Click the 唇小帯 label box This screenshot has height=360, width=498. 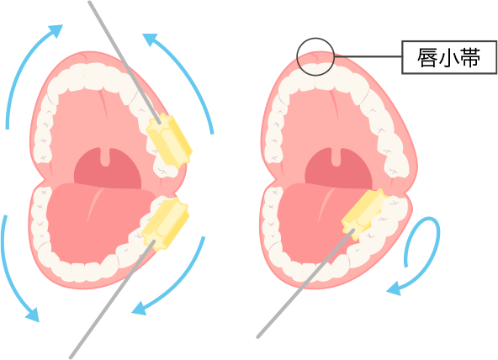pos(449,57)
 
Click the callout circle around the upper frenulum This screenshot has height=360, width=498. pos(297,57)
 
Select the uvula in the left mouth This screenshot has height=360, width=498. pos(105,157)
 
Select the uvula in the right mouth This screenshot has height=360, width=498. pos(336,157)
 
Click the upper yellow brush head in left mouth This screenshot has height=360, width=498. pos(169,140)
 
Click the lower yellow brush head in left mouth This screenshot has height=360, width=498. pos(166,223)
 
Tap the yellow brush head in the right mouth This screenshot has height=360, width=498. pos(365,213)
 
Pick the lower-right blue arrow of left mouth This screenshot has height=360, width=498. pos(181,286)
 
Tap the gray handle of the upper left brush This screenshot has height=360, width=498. pos(124,62)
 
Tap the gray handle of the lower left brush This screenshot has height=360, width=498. pos(112,299)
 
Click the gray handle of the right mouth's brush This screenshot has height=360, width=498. pos(305,283)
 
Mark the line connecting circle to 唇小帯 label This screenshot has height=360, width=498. pos(368,57)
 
